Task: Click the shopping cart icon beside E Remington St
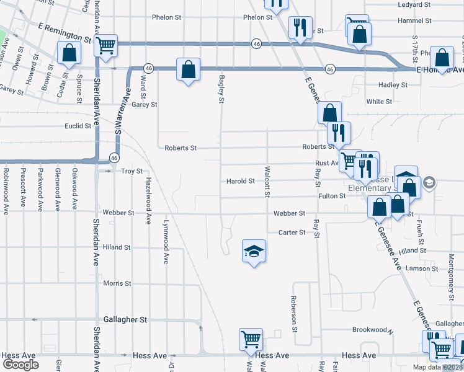point(106,45)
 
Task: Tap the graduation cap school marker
point(254,251)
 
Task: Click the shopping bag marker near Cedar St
point(69,54)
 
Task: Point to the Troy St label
point(132,171)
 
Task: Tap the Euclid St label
point(78,125)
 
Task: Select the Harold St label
point(241,182)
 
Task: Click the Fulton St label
point(332,196)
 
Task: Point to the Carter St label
point(292,232)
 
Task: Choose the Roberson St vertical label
point(295,312)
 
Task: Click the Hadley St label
point(392,85)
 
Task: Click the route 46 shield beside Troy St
point(115,158)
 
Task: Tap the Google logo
point(20,364)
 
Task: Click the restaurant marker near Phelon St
point(300,28)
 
